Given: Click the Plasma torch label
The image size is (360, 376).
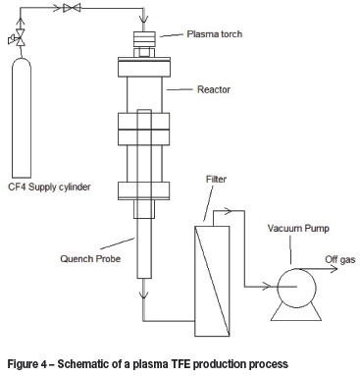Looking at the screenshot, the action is tap(215, 34).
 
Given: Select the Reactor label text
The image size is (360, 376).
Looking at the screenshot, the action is tap(214, 89).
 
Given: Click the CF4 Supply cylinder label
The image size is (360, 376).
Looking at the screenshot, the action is tap(49, 187).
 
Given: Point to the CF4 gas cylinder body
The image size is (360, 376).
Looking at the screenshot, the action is tap(22, 118).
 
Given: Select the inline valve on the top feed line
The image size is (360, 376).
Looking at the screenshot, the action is tap(72, 8).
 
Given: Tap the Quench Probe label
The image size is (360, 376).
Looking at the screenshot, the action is tap(90, 258).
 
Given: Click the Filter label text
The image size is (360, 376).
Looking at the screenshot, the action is tap(216, 179).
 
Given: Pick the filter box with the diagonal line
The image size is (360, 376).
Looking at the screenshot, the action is tap(212, 281).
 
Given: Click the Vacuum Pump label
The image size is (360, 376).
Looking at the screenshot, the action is tap(298, 228).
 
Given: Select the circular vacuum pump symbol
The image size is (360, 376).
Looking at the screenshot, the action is tap(296, 288).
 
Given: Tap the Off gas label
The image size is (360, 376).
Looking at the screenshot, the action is tap(340, 260).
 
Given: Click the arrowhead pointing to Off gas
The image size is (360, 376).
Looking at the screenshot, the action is tap(334, 269).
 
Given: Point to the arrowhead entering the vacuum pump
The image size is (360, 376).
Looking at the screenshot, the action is tap(267, 287).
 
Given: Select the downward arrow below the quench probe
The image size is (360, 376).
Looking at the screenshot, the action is tap(143, 295).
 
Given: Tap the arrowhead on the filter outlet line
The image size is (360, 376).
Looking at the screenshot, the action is tap(228, 211).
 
